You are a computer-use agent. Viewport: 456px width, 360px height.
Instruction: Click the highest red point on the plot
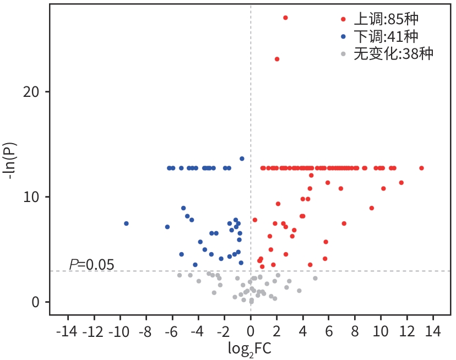pos(285,18)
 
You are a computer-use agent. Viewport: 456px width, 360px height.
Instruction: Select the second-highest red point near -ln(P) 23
pos(277,59)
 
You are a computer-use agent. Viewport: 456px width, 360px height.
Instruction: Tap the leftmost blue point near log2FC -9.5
pos(126,223)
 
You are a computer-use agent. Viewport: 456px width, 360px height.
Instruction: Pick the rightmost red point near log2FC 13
pos(421,168)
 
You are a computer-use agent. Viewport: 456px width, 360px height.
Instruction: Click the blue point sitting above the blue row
pos(242,159)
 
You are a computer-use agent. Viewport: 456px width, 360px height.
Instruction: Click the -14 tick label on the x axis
pos(68,332)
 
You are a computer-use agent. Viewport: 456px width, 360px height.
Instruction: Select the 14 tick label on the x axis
pos(433,332)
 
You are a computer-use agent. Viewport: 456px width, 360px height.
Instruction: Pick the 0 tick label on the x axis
pos(251,332)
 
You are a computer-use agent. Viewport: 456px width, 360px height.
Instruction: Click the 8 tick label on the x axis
pos(355,332)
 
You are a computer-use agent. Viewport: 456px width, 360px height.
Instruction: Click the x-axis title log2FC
pos(249,348)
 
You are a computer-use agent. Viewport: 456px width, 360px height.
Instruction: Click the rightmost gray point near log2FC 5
pos(316,278)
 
